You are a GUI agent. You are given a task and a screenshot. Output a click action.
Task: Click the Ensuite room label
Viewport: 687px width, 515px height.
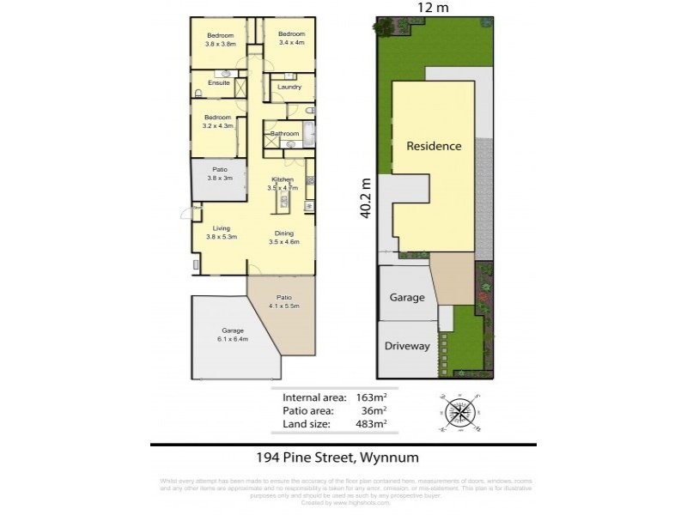[x=218, y=83]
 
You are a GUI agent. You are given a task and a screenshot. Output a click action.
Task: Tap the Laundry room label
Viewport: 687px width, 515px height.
[x=289, y=87]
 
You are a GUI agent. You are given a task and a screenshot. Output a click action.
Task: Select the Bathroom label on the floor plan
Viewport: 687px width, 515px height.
[x=285, y=134]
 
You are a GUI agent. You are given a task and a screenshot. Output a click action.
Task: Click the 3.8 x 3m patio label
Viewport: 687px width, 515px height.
[x=220, y=174]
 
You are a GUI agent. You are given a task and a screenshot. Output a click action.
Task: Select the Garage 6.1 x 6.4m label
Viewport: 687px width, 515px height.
[x=233, y=335]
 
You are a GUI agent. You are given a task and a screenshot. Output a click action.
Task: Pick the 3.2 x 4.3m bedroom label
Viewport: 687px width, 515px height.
[x=217, y=121]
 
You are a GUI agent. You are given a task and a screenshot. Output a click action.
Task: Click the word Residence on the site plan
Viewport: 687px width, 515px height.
[x=434, y=146]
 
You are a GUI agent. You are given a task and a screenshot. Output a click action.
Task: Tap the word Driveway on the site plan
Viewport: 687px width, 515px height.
[x=407, y=346]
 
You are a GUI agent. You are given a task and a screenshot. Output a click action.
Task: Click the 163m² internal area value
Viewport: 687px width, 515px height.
[x=372, y=397]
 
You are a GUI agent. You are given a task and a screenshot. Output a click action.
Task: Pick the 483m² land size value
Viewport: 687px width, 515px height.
[x=372, y=423]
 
